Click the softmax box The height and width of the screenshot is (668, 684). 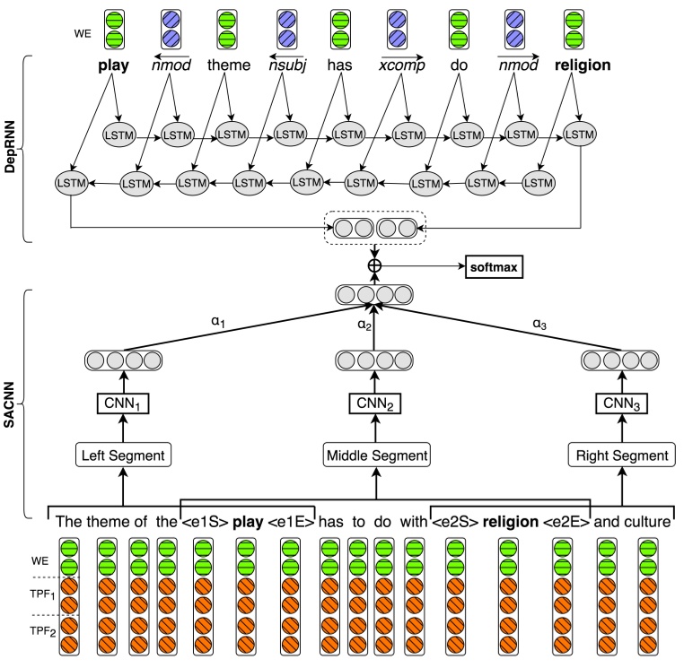pyautogui.click(x=494, y=266)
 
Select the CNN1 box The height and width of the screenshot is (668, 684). pyautogui.click(x=123, y=403)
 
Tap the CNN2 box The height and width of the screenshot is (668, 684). pyautogui.click(x=374, y=403)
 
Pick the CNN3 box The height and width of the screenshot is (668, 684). pyautogui.click(x=621, y=403)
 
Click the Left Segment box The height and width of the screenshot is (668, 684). pyautogui.click(x=123, y=455)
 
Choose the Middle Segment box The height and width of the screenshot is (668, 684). pyautogui.click(x=376, y=455)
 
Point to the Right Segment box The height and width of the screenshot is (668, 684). pyautogui.click(x=622, y=455)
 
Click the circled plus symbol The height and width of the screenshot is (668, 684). pyautogui.click(x=374, y=265)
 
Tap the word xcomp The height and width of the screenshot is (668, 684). pyautogui.click(x=401, y=65)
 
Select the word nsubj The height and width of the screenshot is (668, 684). pyautogui.click(x=287, y=65)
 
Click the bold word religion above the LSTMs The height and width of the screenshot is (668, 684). pyautogui.click(x=583, y=65)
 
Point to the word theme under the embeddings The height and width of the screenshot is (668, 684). pyautogui.click(x=229, y=65)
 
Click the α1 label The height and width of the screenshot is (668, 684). pyautogui.click(x=218, y=322)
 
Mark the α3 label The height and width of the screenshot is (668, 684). pyautogui.click(x=539, y=324)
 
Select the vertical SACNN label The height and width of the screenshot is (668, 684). pyautogui.click(x=9, y=404)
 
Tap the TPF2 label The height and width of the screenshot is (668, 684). pyautogui.click(x=43, y=631)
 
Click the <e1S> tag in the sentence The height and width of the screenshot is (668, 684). pyautogui.click(x=205, y=522)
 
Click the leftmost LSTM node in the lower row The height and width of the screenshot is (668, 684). pyautogui.click(x=71, y=183)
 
